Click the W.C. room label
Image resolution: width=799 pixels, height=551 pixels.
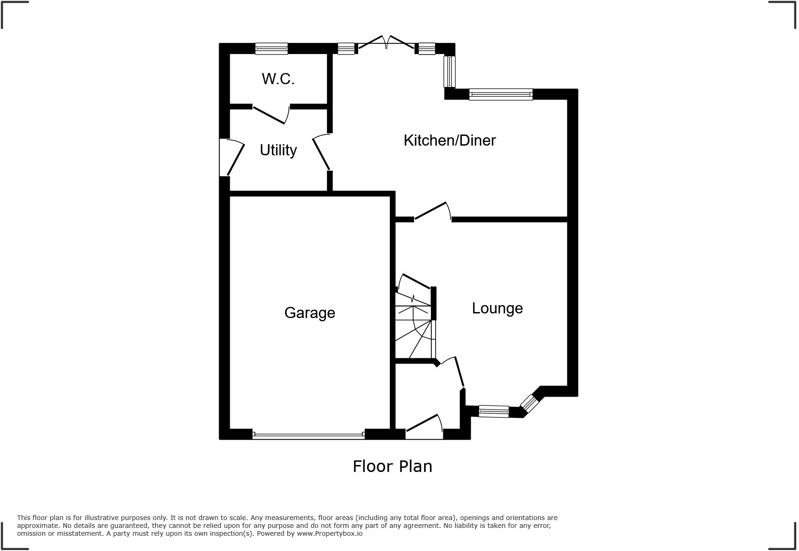coord(278,79)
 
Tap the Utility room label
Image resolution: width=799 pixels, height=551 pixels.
coord(278,150)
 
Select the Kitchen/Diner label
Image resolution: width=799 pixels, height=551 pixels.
coord(449,141)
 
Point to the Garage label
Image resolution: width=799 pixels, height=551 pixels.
coord(309,313)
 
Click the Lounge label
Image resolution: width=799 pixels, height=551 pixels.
coord(497,308)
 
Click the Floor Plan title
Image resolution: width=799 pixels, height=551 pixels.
coord(392,466)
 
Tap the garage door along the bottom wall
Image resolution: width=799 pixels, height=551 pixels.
coord(308,435)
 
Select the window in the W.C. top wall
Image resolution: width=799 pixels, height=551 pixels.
coord(271,49)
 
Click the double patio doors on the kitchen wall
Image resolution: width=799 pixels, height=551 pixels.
coord(387,43)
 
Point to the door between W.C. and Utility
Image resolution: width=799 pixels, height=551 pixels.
coord(270,115)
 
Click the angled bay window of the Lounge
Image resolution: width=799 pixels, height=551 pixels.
coord(530,403)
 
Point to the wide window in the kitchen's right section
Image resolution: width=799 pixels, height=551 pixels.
coord(501,95)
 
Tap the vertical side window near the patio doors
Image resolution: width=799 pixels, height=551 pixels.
coord(449,72)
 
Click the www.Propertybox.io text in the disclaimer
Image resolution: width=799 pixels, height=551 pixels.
coord(330,533)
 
